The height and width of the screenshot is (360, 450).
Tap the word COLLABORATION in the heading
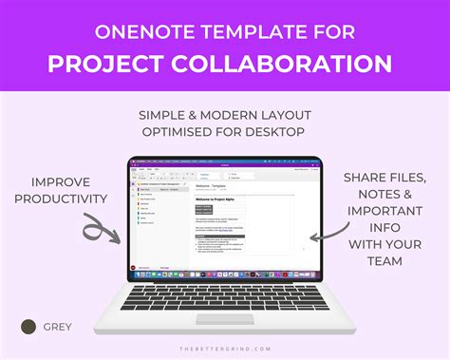point(284,64)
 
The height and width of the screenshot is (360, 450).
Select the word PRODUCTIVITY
point(67,199)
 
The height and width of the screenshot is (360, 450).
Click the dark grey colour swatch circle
point(29,327)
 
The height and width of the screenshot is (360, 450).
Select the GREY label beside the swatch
point(56,328)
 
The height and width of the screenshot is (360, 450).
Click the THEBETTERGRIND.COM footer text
point(225,349)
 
